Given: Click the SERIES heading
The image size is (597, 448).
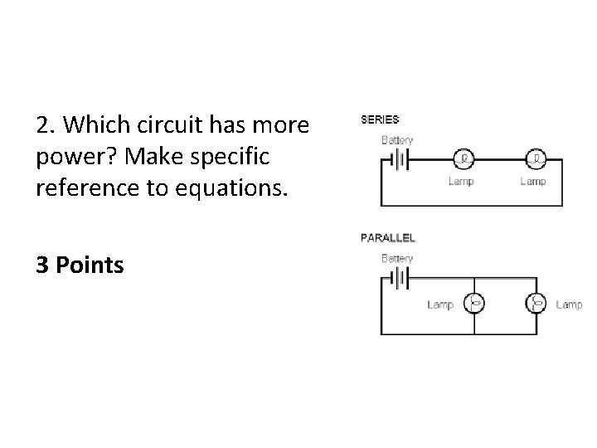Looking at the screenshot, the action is tap(380, 119).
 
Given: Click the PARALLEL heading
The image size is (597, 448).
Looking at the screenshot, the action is tap(388, 237).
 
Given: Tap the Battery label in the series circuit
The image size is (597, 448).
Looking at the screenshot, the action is tap(396, 140).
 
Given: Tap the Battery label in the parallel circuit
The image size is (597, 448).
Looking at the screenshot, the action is tap(396, 258).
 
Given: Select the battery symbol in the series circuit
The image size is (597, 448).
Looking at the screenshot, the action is tap(402, 159).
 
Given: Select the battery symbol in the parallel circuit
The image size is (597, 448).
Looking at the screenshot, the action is tap(402, 278).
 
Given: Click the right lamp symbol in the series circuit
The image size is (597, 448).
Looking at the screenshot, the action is tap(537, 158).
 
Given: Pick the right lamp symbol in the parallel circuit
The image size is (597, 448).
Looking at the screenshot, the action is tap(536, 304).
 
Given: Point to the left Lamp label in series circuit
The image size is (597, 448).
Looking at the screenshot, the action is tap(462, 181).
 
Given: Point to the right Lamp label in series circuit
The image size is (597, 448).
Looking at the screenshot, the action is tap(532, 181).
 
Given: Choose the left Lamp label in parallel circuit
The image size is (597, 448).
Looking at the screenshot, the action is tap(440, 304).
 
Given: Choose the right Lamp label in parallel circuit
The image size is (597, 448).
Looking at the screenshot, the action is tap(569, 304).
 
